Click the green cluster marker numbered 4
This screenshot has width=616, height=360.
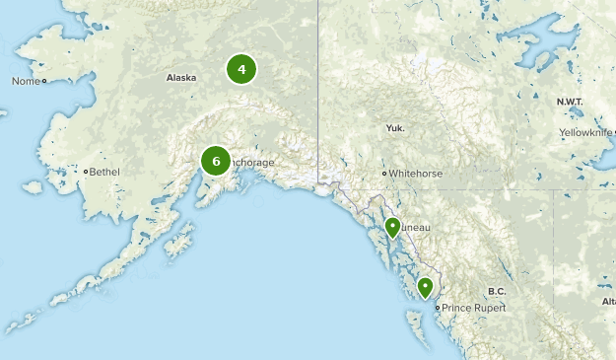click(241, 69)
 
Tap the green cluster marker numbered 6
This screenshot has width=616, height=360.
click(216, 160)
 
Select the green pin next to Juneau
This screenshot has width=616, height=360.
click(392, 228)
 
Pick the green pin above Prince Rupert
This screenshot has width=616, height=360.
click(425, 287)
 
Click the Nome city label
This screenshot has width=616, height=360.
click(25, 81)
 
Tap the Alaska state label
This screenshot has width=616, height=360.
click(181, 77)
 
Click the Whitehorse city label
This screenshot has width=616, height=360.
click(415, 174)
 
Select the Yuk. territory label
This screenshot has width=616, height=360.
click(395, 128)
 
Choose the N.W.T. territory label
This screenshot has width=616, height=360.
click(571, 102)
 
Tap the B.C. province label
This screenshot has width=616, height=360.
click(496, 291)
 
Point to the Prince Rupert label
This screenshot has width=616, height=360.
click(474, 308)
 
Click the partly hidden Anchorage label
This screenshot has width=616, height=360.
click(251, 163)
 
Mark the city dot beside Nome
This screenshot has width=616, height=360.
click(43, 81)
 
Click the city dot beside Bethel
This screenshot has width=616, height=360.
click(86, 172)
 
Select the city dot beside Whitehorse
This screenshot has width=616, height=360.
click(384, 174)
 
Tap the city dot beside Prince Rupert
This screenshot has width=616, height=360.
click(438, 308)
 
